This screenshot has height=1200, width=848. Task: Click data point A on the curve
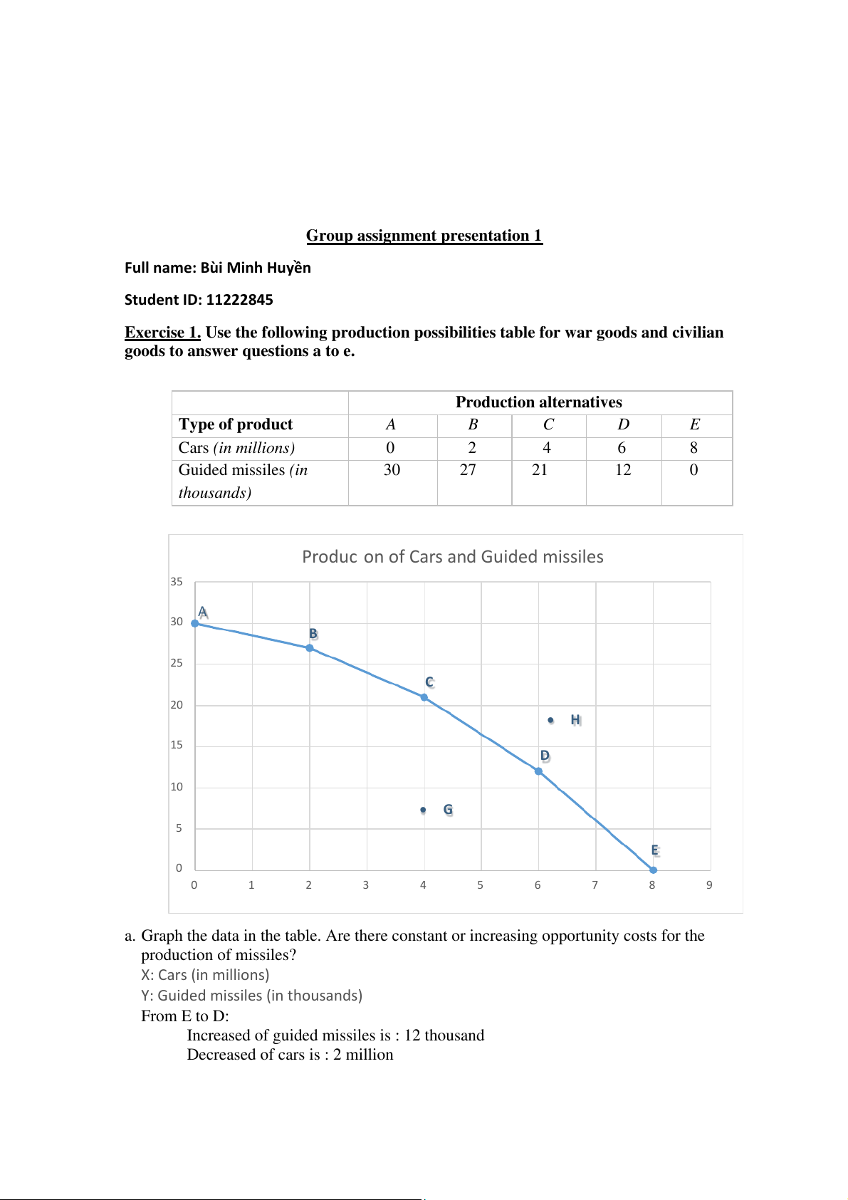pos(195,623)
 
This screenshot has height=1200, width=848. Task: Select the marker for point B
pos(310,648)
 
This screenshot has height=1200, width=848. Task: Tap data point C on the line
pos(424,697)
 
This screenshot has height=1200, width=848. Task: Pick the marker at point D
pos(538,771)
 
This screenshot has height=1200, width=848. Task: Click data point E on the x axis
pos(653,870)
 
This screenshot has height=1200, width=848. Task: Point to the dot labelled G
pos(423,810)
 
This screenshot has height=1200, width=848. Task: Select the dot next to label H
pos(550,720)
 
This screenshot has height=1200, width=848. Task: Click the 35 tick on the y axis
pos(177,582)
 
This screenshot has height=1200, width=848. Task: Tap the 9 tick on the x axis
pos(709,885)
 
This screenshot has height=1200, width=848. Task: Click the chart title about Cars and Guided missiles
pos(452,557)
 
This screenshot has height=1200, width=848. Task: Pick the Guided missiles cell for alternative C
pos(540,470)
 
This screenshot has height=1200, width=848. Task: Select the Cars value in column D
pos(622,448)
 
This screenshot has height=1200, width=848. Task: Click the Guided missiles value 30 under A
pos(392,470)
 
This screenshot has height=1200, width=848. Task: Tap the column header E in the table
pos(695,425)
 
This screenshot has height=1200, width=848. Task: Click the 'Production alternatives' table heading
pos(538,402)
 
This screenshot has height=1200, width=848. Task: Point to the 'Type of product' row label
pos(236,425)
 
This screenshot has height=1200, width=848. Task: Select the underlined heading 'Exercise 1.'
pos(162,333)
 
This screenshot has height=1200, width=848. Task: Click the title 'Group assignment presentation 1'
pos(424,236)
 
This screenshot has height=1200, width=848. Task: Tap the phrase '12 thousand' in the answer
pos(444,1035)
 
